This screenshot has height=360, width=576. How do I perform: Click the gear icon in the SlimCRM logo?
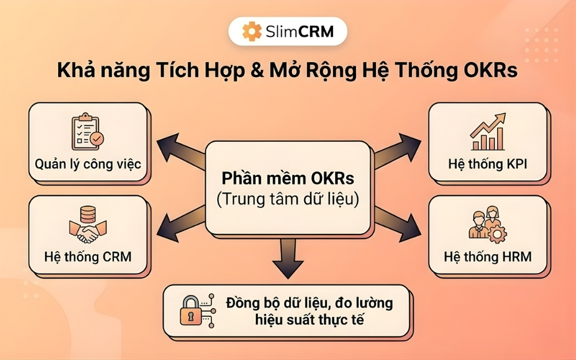tap(252, 31)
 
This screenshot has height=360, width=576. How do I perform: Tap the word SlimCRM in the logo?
tap(300, 31)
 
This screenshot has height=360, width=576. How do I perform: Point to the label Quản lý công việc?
tap(88, 164)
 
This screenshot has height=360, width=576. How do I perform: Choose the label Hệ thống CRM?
tap(88, 256)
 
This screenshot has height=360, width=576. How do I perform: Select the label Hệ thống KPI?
tap(487, 164)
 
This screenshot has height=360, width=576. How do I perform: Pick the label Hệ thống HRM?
tap(487, 256)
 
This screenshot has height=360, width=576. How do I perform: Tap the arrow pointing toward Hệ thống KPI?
tap(397, 151)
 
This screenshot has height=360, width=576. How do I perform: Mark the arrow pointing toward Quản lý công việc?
tap(179, 151)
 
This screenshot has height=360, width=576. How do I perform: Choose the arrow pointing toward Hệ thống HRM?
tap(397, 222)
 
